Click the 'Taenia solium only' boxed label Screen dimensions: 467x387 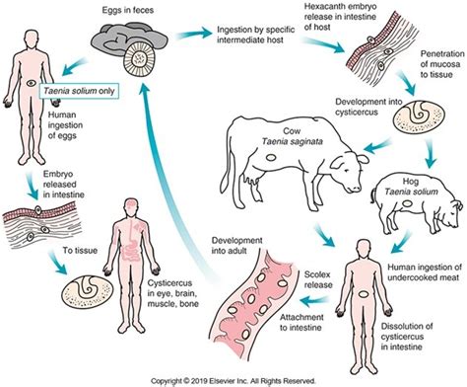click(79, 91)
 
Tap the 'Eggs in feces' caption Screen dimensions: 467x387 click(128, 10)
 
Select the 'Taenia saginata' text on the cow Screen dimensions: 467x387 click(292, 141)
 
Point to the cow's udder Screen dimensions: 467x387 click(253, 180)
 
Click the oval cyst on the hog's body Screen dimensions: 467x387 click(407, 203)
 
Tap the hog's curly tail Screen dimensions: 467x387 click(373, 196)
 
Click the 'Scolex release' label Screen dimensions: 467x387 click(317, 279)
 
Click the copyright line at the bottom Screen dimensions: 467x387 click(233, 381)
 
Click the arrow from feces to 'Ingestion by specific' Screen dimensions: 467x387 click(194, 35)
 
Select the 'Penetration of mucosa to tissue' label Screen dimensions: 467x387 click(442, 64)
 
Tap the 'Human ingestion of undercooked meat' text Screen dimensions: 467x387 click(425, 272)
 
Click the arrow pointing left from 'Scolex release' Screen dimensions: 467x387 click(314, 300)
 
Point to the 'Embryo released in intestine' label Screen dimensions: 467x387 click(64, 185)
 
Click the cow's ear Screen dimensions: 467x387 click(363, 160)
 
